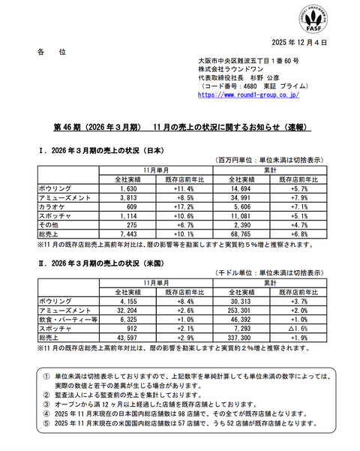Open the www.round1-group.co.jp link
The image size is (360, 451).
(249, 95)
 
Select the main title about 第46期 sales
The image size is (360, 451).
(180, 128)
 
